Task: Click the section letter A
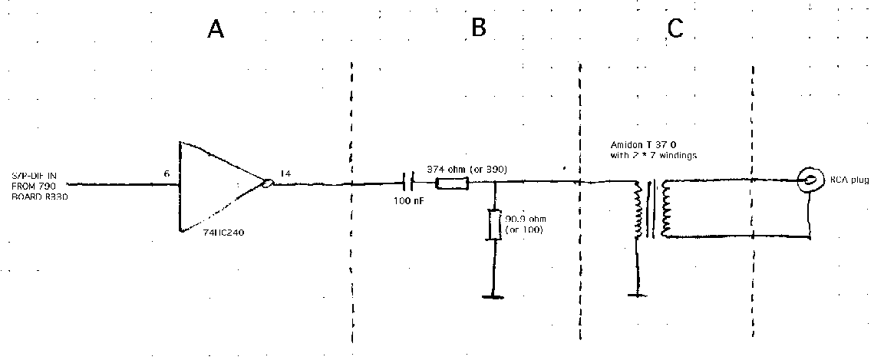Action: point(216,30)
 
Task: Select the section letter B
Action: point(479,28)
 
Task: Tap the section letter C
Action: point(675,28)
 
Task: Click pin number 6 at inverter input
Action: point(167,174)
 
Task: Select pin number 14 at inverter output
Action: point(285,174)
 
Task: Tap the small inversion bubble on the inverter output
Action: point(266,184)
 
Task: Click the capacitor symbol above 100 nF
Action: point(409,183)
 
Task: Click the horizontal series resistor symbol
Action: point(452,183)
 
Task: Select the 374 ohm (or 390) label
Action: point(468,169)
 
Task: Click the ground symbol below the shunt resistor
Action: point(492,296)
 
